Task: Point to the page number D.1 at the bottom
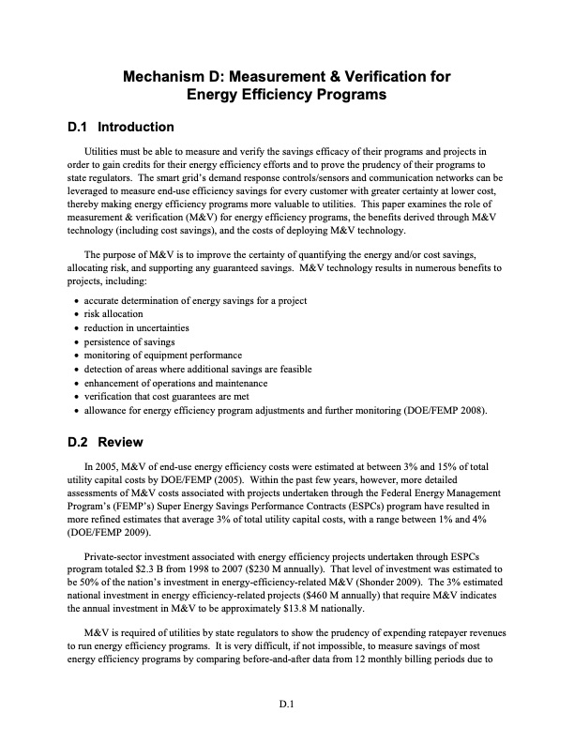(x=287, y=699)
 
